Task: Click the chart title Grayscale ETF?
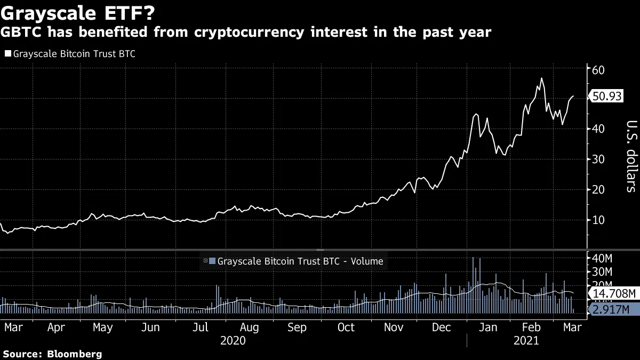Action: [x=81, y=12]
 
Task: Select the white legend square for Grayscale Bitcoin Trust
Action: [x=7, y=54]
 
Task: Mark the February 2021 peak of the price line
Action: [x=542, y=78]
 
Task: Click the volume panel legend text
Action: [x=300, y=261]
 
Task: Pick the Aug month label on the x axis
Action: [x=250, y=327]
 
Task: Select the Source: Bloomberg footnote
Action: [x=52, y=354]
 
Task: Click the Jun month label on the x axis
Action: [x=151, y=327]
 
